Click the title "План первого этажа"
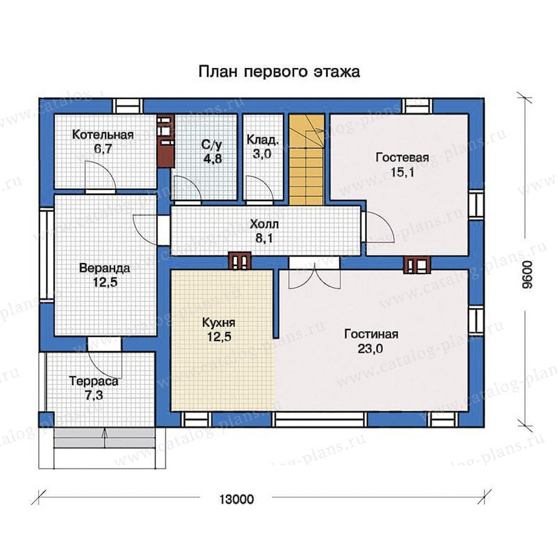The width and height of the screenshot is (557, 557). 279,72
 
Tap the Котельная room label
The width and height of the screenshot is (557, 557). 103,135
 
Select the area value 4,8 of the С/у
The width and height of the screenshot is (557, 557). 213,158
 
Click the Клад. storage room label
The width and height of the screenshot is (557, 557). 263,140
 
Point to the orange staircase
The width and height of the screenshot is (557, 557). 307,160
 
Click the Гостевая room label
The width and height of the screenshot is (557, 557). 402,157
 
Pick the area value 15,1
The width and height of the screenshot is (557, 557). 402,173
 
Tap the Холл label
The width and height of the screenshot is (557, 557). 264,224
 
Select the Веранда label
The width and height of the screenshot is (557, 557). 105,268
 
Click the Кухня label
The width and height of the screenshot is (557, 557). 219,322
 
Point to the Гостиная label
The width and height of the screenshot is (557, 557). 371,334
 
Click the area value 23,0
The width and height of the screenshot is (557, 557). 370,349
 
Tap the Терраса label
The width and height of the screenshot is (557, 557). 94,381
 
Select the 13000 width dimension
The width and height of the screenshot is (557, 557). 236,499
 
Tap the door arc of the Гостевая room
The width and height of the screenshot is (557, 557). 379,227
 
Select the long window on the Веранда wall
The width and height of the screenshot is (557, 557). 46,255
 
